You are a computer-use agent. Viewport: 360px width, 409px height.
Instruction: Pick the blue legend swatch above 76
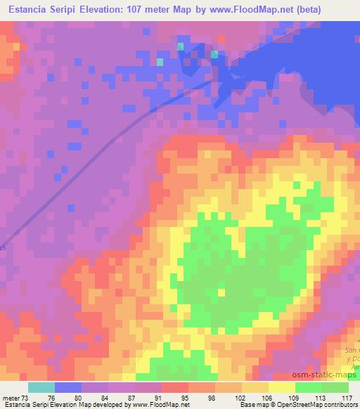(x=67, y=387)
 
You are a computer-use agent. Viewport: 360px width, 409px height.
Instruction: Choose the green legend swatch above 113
(x=309, y=387)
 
